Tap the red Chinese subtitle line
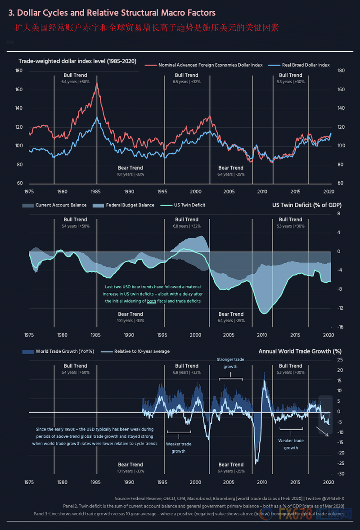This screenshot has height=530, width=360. point(147,28)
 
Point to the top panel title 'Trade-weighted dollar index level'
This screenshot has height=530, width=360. point(77,61)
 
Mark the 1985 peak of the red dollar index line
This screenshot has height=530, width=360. point(96,83)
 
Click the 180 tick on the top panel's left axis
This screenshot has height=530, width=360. point(19,71)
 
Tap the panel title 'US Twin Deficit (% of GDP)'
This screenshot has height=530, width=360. point(306,205)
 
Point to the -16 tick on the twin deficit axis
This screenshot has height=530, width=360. point(341,327)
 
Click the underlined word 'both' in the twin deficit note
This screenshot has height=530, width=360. point(151,301)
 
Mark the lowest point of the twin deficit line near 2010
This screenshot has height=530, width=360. point(264,314)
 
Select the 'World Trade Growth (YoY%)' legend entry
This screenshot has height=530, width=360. point(61,351)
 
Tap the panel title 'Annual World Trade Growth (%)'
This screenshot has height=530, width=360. point(300,351)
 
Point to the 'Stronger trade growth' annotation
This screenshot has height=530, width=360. point(230,363)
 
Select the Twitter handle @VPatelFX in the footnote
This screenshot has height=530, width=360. point(328,499)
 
